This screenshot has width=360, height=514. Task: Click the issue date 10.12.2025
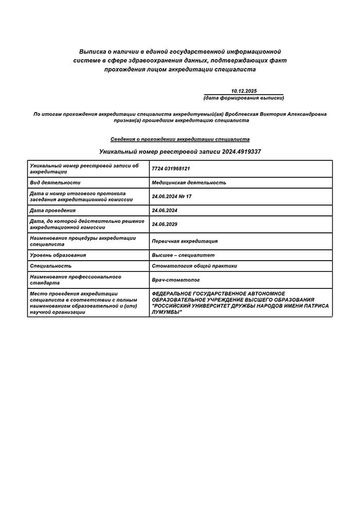click(244, 91)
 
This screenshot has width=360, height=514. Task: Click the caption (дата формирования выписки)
click(244, 98)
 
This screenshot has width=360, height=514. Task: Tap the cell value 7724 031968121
click(171, 169)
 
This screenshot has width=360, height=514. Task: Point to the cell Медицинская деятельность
click(189, 182)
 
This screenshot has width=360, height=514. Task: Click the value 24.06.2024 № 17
click(172, 196)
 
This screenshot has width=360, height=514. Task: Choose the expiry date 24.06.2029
click(165, 224)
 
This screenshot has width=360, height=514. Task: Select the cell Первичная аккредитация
click(185, 241)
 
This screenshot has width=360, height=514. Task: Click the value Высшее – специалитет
click(183, 255)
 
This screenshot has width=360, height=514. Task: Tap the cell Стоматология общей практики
click(194, 266)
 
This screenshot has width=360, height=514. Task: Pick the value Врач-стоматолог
click(176, 280)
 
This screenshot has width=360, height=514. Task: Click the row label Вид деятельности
click(56, 182)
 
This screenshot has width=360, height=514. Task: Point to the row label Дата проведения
click(53, 210)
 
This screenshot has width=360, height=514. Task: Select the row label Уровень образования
click(58, 255)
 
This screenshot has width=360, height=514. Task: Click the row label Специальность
click(51, 266)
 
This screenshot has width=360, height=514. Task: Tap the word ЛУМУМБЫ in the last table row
click(167, 312)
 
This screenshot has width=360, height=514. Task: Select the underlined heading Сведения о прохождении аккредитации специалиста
click(180, 139)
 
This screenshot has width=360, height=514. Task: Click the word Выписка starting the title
click(92, 52)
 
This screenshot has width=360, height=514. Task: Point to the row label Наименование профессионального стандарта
click(76, 280)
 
